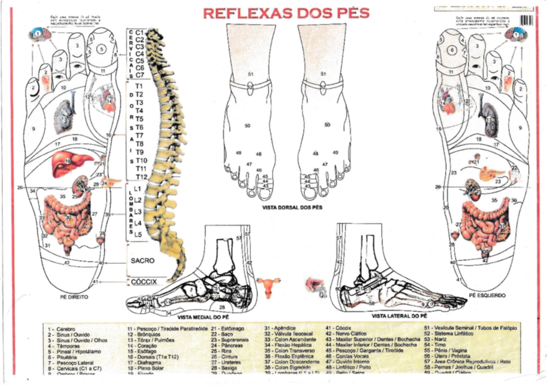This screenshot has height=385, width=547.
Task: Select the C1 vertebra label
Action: [140, 33]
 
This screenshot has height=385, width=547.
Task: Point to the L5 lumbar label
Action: [138, 235]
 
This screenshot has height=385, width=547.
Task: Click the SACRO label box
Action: [142, 258]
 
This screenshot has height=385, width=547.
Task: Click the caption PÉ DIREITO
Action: [74, 297]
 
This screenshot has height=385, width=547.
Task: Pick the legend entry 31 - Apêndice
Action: [280, 329]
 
